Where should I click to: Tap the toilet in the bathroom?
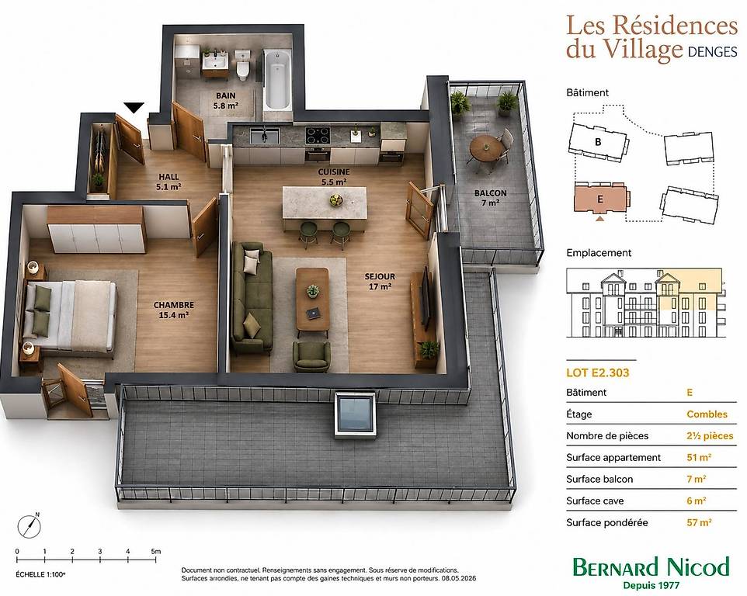tap(243, 67)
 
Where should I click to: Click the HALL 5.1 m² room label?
tap(169, 182)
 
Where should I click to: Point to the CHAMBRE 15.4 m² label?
tap(173, 310)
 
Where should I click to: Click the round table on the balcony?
tap(485, 147)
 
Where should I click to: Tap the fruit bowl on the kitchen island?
tap(336, 200)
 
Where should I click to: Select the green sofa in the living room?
tap(252, 297)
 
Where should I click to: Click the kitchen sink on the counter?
tap(265, 136)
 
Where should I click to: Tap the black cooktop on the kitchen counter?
tap(318, 135)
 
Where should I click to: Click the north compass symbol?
tap(30, 525)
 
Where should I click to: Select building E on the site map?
tap(601, 198)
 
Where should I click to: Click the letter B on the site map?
tap(598, 142)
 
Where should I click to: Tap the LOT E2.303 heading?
tap(597, 372)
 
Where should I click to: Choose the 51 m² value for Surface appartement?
tap(699, 457)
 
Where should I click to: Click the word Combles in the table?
tap(707, 414)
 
